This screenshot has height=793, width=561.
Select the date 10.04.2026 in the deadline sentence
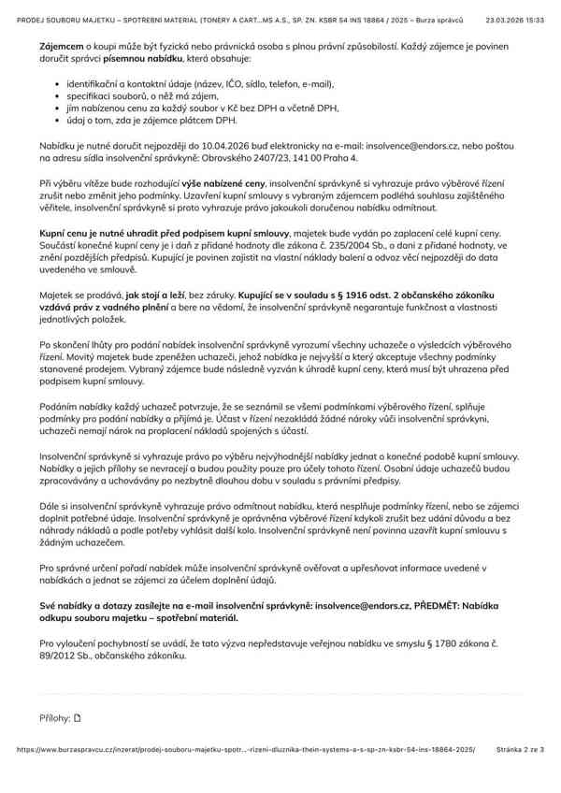[218, 147]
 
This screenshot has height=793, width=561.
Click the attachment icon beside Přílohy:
[78, 718]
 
